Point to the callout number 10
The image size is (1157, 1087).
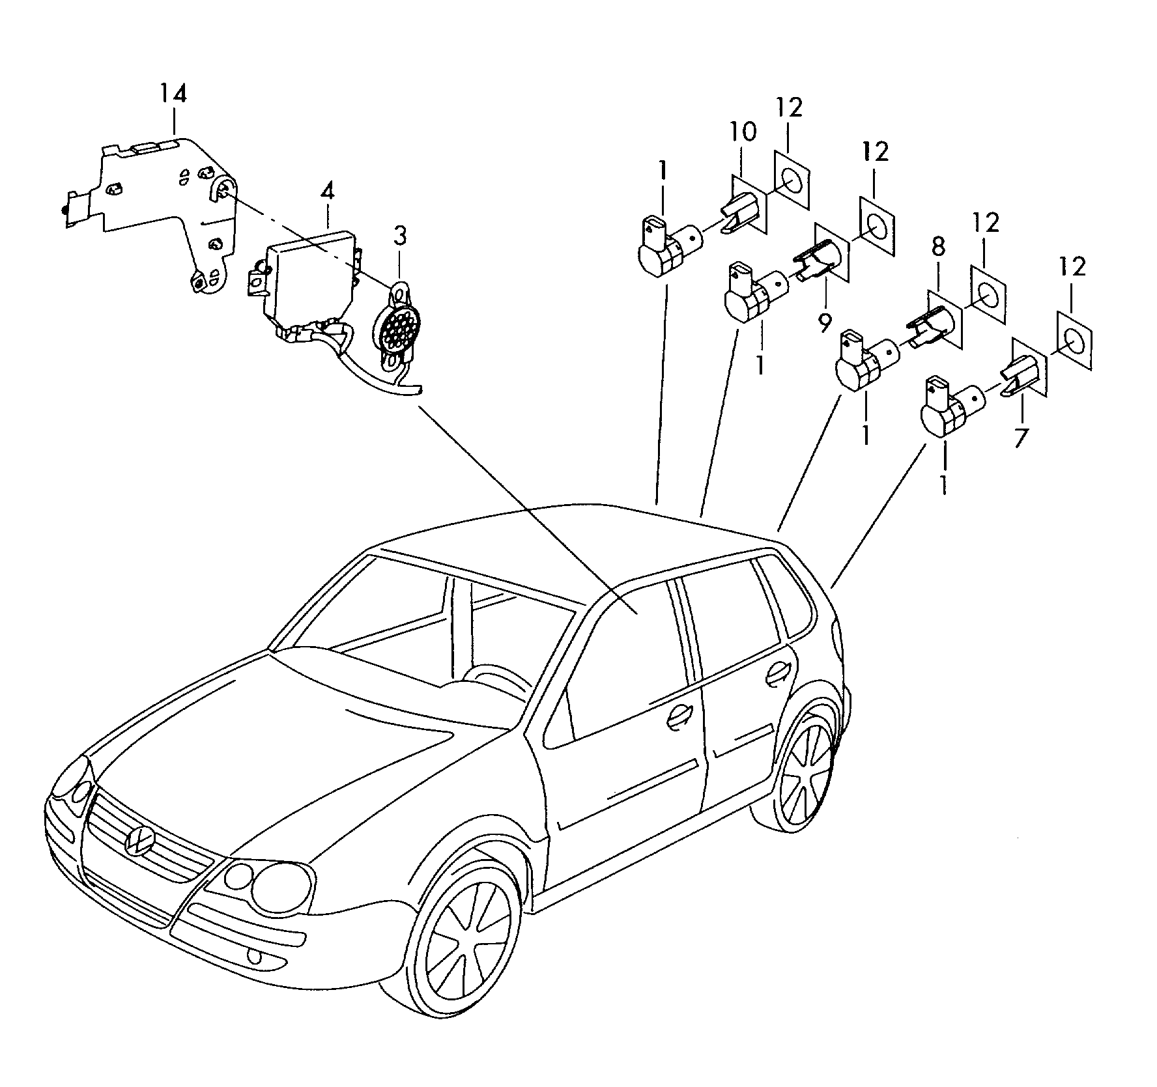point(742,132)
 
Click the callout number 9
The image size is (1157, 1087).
point(825,321)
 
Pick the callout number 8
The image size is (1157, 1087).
point(938,247)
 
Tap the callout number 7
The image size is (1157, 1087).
point(1021,436)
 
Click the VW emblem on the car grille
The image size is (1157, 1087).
point(138,840)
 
